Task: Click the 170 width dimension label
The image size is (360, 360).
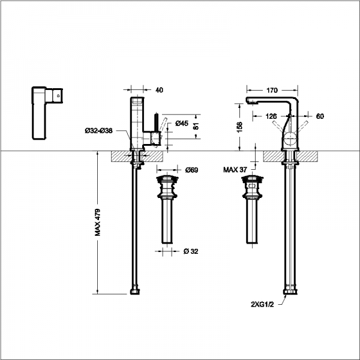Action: point(272,90)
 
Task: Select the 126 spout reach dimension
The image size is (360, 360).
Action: point(271,116)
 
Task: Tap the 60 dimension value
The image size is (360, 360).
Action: point(320,116)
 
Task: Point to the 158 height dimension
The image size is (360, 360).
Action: point(239,127)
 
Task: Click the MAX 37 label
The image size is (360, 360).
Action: point(235,170)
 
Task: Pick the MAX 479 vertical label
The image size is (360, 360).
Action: point(97,222)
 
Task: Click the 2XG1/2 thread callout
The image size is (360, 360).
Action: point(262,304)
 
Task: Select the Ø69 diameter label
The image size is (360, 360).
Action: point(191,170)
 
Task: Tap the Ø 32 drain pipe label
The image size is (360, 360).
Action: point(191,251)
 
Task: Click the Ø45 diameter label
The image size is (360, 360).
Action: point(182,123)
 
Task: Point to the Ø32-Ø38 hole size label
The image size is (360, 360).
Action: point(98,131)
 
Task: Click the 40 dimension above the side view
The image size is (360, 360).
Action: point(159,90)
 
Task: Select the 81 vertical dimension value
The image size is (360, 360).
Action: point(196,126)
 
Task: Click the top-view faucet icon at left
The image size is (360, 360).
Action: point(47,113)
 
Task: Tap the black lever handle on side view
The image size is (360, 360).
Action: point(157,122)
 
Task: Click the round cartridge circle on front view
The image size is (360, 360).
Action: point(290,139)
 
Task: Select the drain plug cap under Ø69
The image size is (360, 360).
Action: point(167,178)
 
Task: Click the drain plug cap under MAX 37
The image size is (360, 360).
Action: point(253,178)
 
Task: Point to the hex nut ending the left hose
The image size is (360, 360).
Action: point(135,292)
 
